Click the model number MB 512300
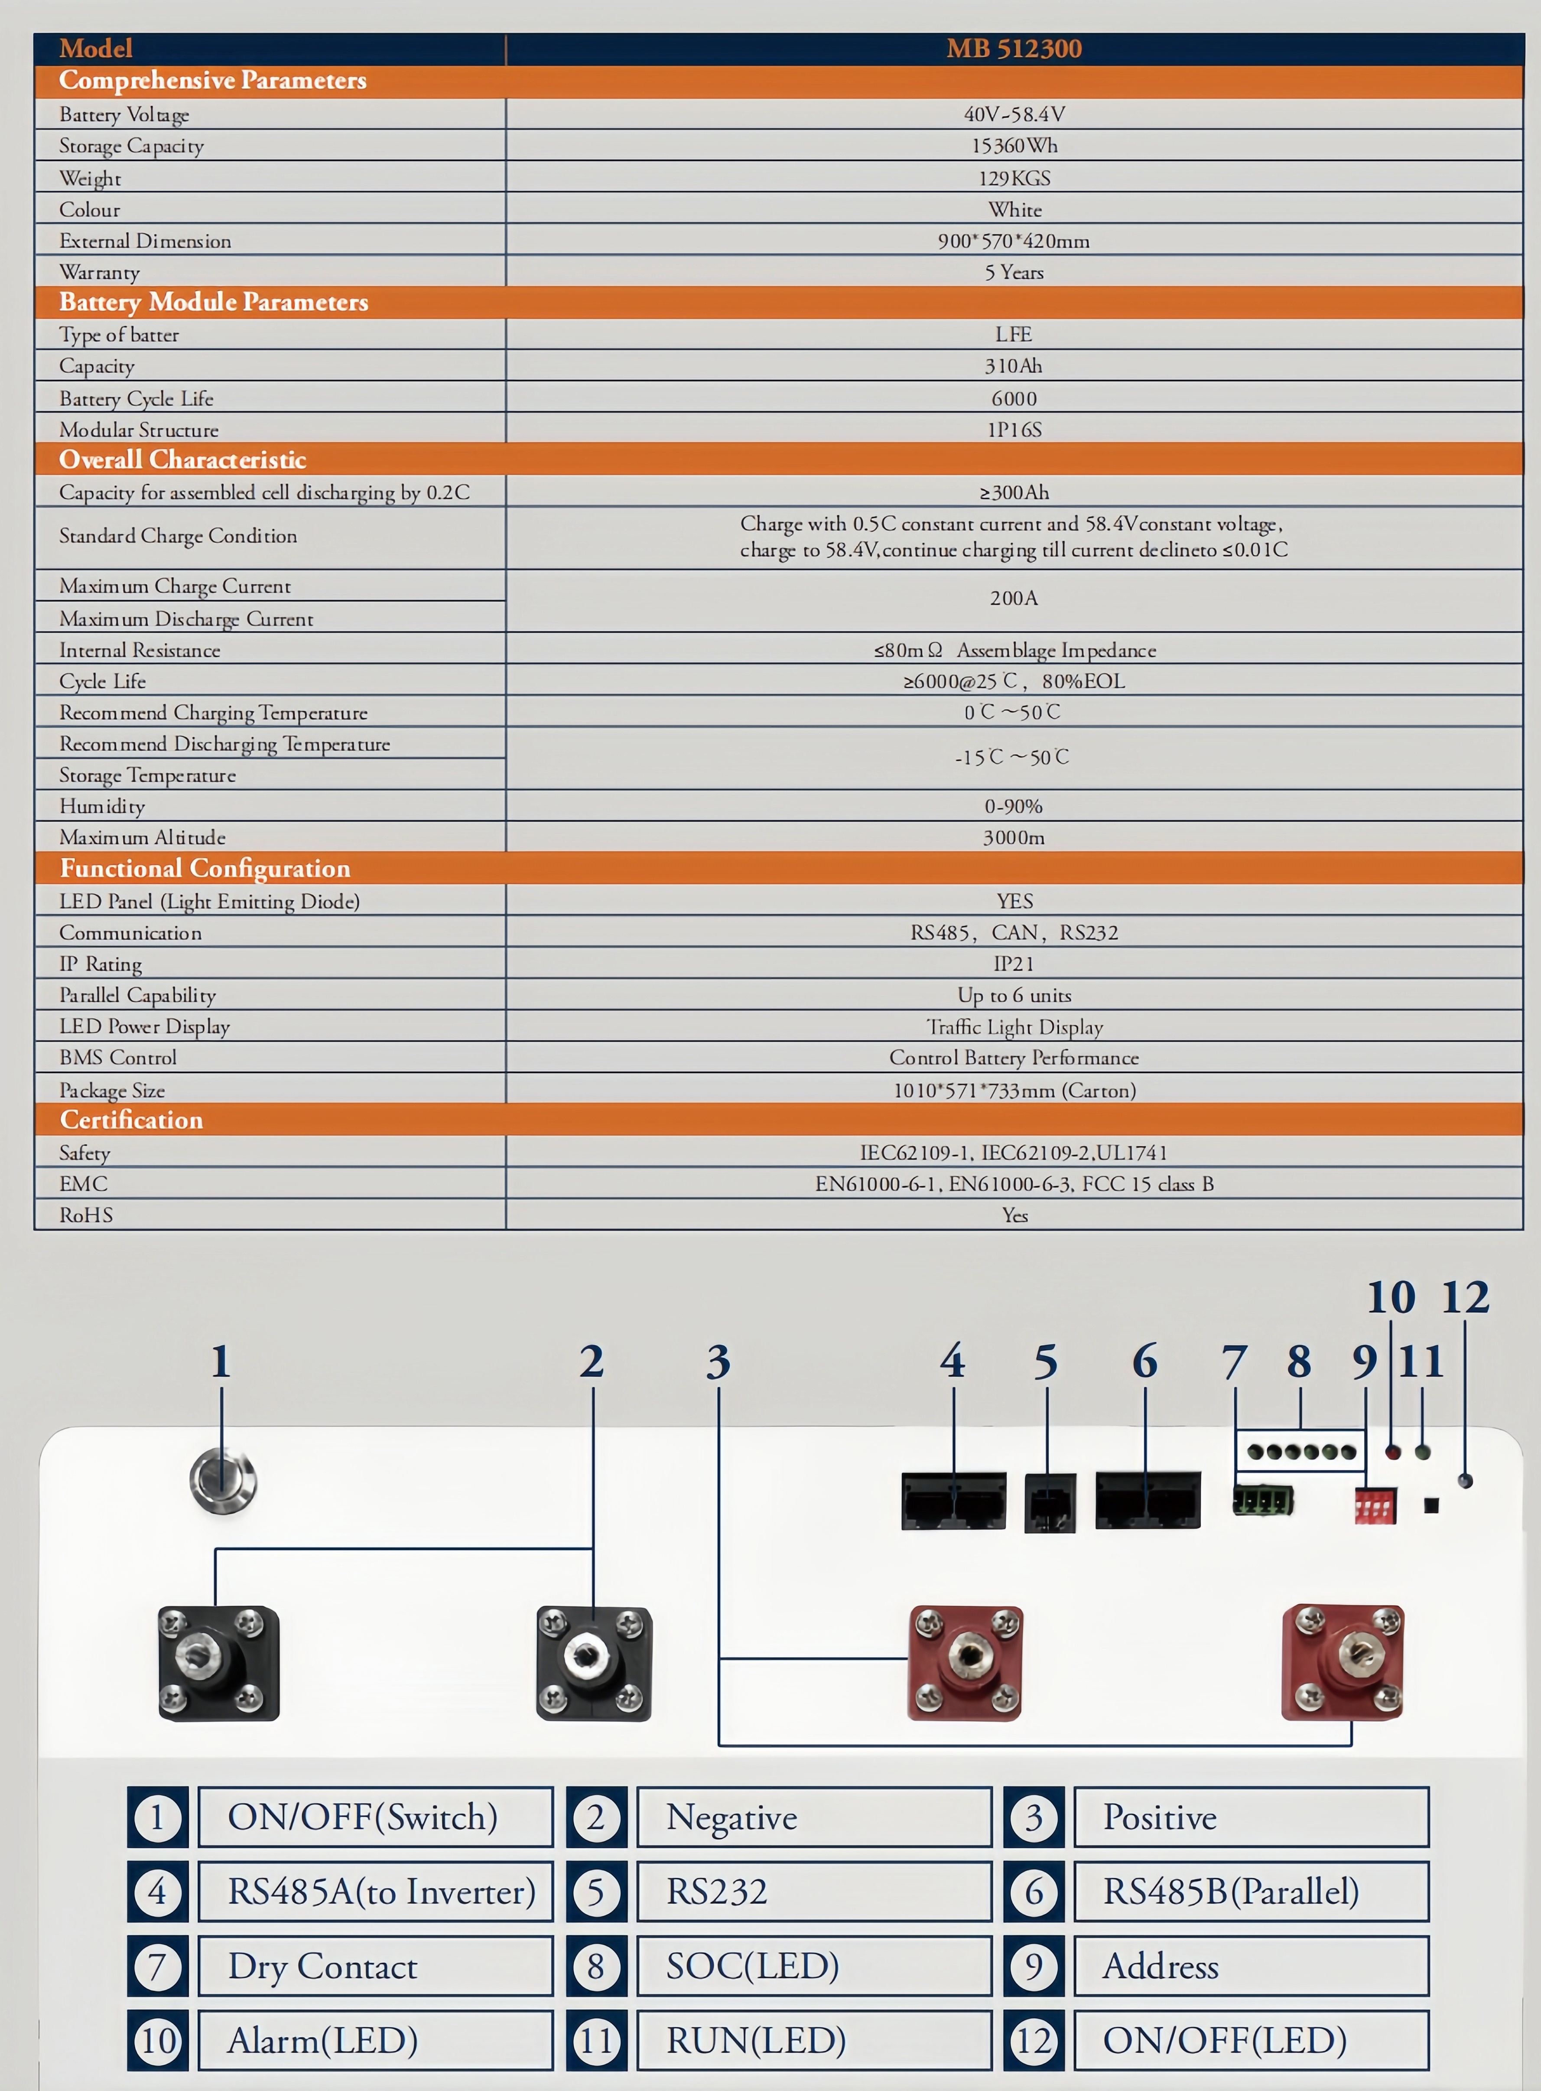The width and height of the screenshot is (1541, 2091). coord(1014,49)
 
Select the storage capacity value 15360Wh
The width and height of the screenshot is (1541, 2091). coord(1014,146)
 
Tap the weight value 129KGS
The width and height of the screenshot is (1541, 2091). coord(1014,177)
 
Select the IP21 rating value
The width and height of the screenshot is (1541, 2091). coord(1014,963)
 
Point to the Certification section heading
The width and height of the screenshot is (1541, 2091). coord(132,1120)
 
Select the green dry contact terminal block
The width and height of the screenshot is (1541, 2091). coord(1263,1500)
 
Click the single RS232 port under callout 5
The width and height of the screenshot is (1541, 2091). coord(1050,1502)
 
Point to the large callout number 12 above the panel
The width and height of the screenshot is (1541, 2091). coord(1466,1297)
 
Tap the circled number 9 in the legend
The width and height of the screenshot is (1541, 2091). coord(1034,1966)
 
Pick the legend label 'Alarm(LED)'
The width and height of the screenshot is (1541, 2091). coord(323,2041)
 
